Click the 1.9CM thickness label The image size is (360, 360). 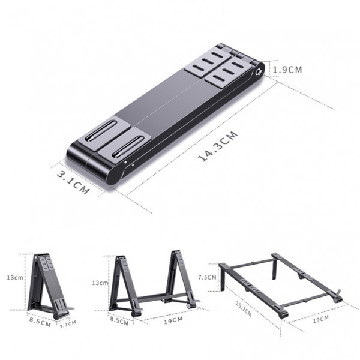pyautogui.click(x=287, y=70)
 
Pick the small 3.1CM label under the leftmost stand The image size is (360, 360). pyautogui.click(x=68, y=324)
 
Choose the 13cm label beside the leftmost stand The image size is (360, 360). pyautogui.click(x=15, y=278)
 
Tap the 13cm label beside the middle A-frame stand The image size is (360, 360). pyautogui.click(x=100, y=283)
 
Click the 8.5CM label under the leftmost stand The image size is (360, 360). pyautogui.click(x=39, y=321)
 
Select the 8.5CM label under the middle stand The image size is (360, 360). pyautogui.click(x=119, y=321)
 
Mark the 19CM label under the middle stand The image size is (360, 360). pyautogui.click(x=173, y=320)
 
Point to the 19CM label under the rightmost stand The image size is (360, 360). pyautogui.click(x=320, y=318)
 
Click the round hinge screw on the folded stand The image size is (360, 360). pyautogui.click(x=259, y=71)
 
